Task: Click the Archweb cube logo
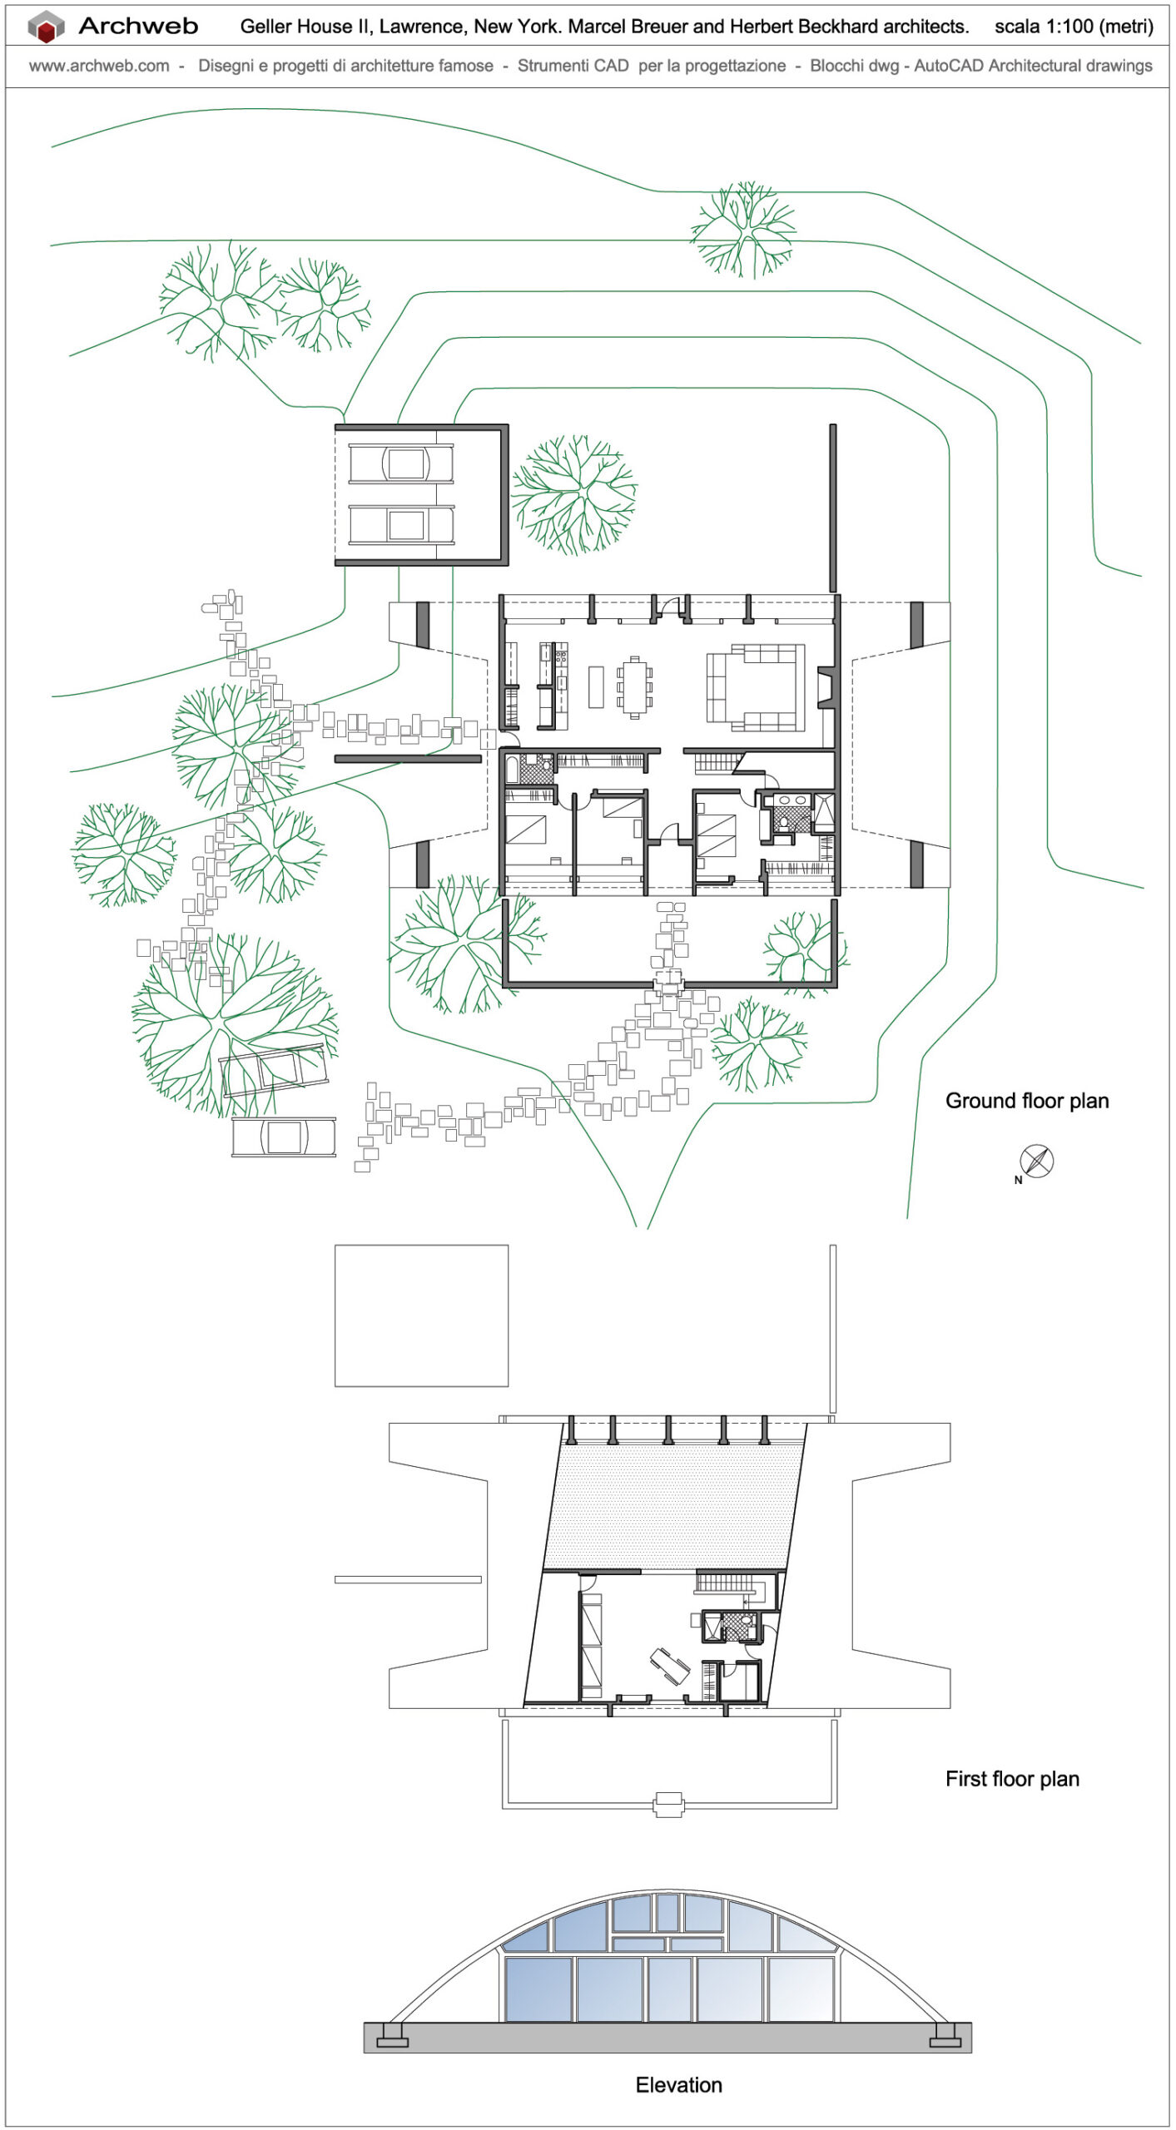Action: pos(47,27)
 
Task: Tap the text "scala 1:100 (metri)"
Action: pos(1074,27)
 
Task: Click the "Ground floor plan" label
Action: pos(1026,1101)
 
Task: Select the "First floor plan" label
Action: pos(1011,1779)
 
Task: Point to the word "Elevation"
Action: pos(678,2085)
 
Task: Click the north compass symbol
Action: pos(1036,1161)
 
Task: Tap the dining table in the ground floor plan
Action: pos(635,688)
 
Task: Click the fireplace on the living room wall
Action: pos(826,687)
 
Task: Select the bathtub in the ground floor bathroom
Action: pos(511,769)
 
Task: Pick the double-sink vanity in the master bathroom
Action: pos(791,800)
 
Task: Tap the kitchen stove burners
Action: pos(561,657)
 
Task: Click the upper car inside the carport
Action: pos(402,463)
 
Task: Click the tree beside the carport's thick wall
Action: pos(573,495)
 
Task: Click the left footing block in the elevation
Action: pos(393,2035)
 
